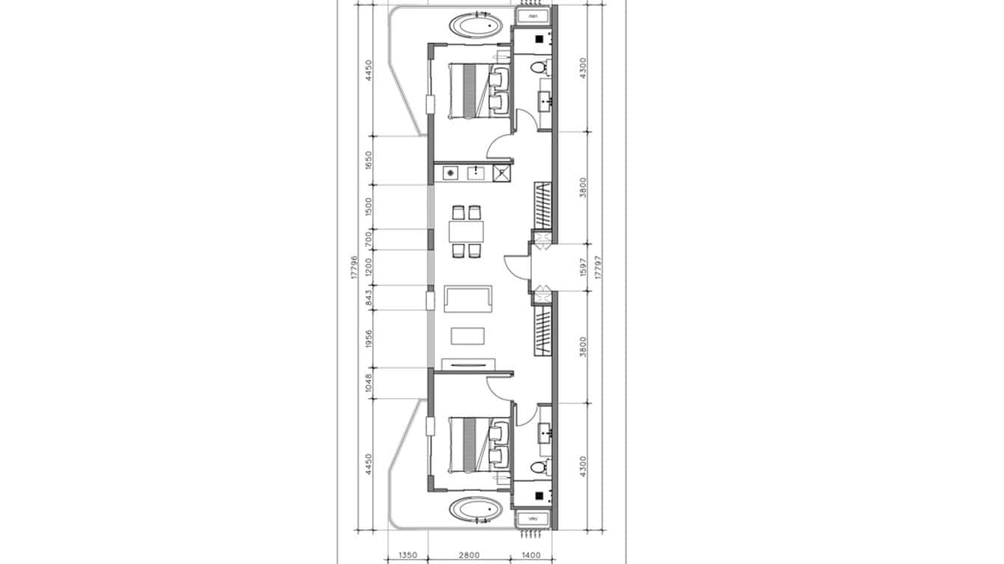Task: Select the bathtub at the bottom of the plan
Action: pos(476,512)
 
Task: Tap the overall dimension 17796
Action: pos(353,267)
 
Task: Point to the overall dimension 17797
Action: pos(598,267)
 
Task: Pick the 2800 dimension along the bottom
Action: pos(469,556)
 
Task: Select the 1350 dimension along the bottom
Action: pos(408,556)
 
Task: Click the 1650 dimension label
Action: pos(367,161)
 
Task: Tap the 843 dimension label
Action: pos(367,298)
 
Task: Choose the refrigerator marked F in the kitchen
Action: pos(502,174)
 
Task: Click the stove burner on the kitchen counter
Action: pos(450,174)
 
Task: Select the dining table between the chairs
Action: pos(466,232)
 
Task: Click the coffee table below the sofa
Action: pos(468,335)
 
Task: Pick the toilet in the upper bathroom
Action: pos(538,69)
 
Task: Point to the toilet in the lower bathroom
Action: pos(538,468)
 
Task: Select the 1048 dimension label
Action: pos(367,384)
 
